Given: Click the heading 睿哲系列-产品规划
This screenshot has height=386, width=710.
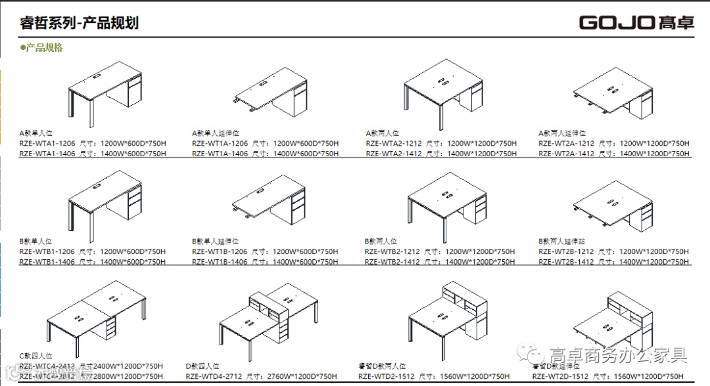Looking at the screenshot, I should [x=79, y=23].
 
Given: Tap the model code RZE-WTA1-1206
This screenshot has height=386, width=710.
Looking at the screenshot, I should [x=47, y=143].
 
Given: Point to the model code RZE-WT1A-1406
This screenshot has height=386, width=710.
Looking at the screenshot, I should [x=220, y=154].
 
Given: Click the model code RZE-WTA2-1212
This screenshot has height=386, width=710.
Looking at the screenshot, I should [x=393, y=143].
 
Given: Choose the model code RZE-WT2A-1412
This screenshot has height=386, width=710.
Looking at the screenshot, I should [x=566, y=154].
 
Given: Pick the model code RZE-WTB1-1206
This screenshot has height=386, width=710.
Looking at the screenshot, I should [x=47, y=251].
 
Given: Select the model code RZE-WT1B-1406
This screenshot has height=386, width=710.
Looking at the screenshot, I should [x=220, y=262].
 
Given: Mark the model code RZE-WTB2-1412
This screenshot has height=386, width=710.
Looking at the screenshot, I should [x=392, y=262].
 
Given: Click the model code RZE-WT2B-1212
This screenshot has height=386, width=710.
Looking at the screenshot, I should [x=566, y=251].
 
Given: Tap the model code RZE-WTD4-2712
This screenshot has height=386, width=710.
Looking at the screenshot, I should [x=214, y=376].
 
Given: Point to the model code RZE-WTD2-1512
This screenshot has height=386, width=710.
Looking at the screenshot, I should [x=387, y=376].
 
